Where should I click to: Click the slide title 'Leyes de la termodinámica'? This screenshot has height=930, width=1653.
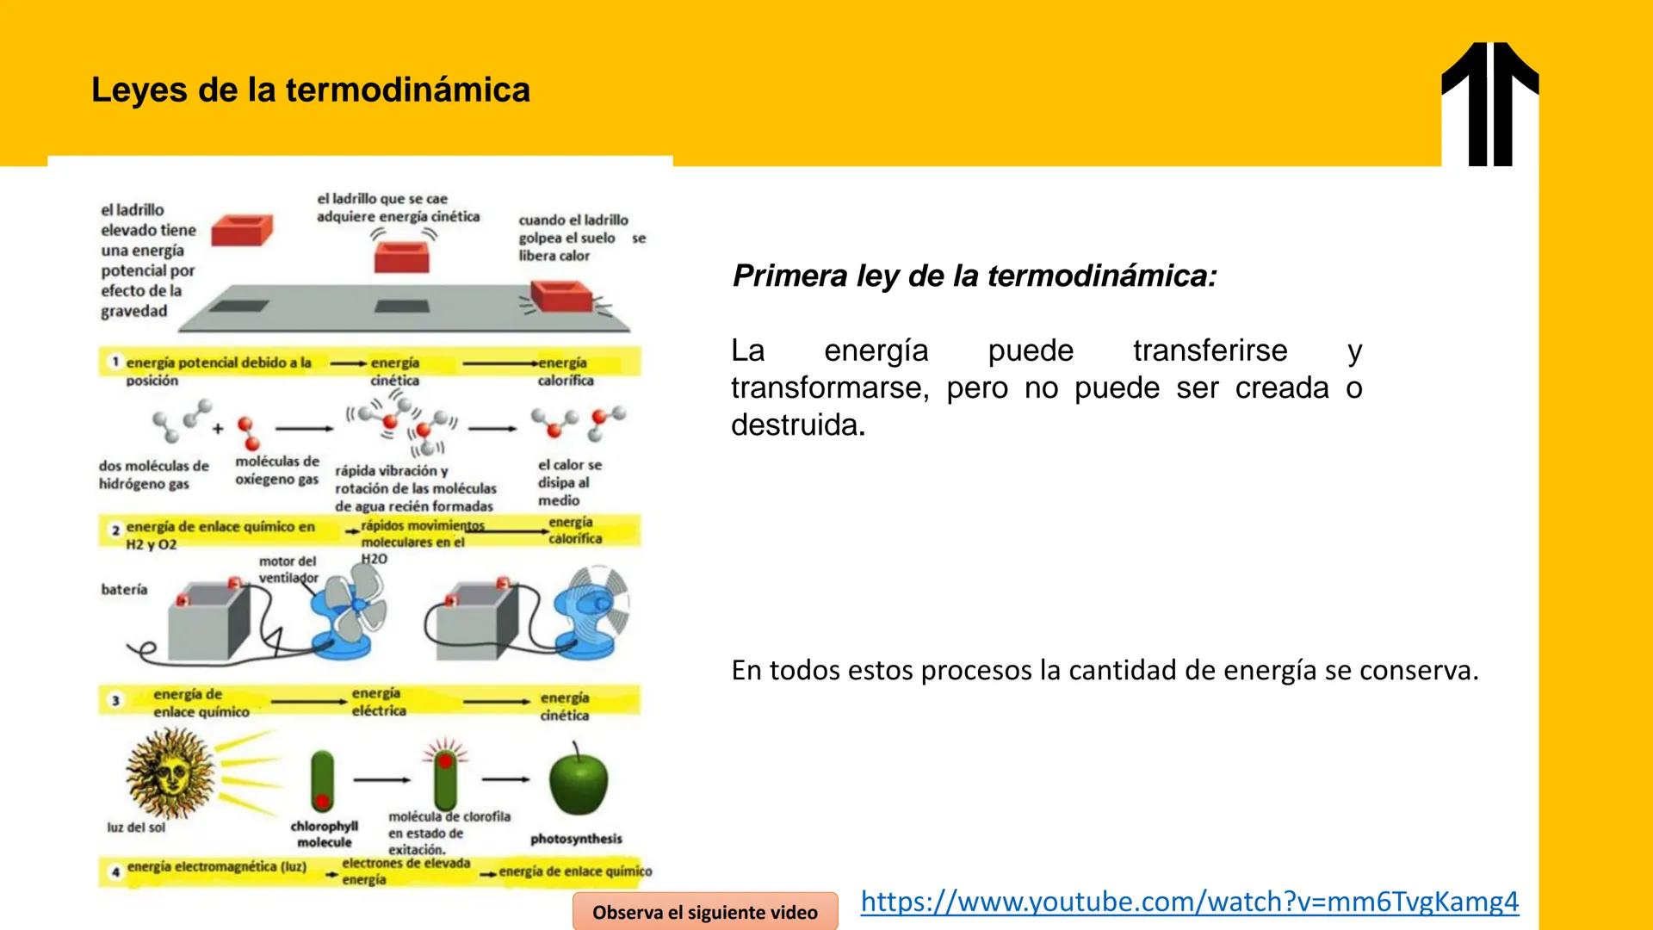tap(311, 90)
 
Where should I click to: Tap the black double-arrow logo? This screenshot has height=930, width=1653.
tap(1490, 103)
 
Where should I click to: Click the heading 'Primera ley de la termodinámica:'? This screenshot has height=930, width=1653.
tap(974, 276)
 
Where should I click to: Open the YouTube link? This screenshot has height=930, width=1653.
tap(1189, 901)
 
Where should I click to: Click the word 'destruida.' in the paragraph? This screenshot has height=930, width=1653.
tap(797, 425)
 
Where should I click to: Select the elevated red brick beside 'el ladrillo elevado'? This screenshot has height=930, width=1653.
tap(242, 230)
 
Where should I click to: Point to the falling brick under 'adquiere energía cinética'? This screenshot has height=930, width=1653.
tap(401, 257)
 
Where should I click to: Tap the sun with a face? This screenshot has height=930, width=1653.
tap(170, 772)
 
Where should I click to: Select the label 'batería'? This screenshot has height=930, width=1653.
tap(124, 590)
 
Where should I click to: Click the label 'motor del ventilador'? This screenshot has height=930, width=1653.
tap(288, 569)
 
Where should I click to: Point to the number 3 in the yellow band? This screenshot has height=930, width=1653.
tap(115, 701)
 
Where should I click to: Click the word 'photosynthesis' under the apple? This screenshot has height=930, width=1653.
tap(575, 839)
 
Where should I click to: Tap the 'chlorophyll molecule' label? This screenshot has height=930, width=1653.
tap(324, 834)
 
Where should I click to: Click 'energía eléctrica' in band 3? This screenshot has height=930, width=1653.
tap(378, 702)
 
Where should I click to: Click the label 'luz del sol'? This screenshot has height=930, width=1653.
tap(136, 828)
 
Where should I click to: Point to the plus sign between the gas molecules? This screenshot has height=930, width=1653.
tap(218, 428)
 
